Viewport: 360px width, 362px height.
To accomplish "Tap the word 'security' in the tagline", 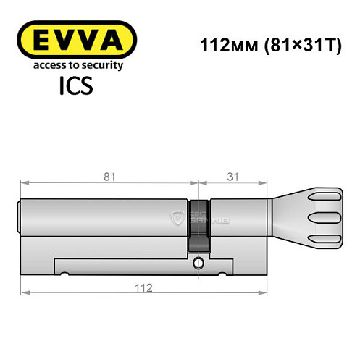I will coord(100,65).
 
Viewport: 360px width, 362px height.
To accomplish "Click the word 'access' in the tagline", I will coord(46,65).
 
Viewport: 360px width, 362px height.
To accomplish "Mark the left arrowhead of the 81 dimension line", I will coord(22,182).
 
